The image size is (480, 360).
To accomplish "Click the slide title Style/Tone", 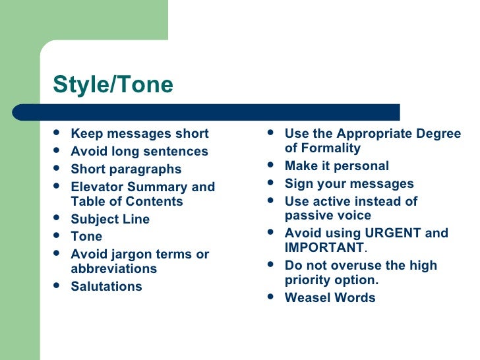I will (113, 85).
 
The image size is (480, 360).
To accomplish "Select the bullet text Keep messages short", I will (139, 134).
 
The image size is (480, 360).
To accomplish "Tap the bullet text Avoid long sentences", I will (139, 152).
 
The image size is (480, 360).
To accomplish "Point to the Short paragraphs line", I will (126, 169).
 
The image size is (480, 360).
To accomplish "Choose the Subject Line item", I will (110, 220).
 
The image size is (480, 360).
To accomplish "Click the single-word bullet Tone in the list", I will (86, 236).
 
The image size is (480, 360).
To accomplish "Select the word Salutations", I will (106, 287).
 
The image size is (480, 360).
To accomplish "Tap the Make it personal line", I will (336, 166).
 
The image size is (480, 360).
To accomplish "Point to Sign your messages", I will (349, 184).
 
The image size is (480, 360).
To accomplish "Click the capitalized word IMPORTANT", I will (324, 248).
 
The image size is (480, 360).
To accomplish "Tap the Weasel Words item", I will (330, 298).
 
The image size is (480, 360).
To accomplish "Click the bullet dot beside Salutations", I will (57, 286).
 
